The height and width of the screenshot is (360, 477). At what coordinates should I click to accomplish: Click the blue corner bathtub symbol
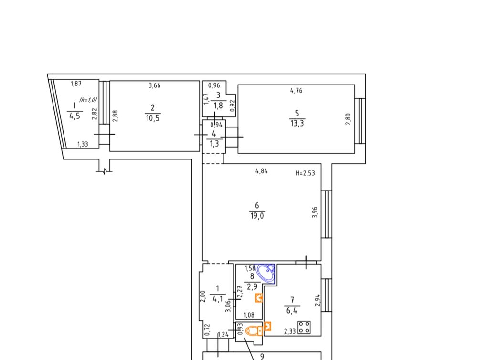click(x=266, y=274)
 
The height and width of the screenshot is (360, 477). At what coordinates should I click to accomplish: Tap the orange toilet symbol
click(x=254, y=330)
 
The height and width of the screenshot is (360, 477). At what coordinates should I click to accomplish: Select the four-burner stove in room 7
click(x=304, y=328)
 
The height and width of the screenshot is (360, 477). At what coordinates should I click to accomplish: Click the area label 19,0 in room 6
click(x=257, y=216)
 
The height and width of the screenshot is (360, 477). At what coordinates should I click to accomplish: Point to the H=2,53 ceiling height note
click(x=305, y=173)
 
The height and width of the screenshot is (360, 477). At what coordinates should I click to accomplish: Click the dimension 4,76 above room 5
click(x=296, y=90)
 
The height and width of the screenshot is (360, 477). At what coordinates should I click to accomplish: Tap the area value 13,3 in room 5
click(x=297, y=123)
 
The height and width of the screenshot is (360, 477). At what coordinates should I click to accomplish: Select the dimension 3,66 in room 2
click(x=155, y=85)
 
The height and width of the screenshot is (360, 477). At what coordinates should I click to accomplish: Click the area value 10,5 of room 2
click(x=152, y=118)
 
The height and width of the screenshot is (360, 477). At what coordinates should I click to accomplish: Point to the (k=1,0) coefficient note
click(x=88, y=99)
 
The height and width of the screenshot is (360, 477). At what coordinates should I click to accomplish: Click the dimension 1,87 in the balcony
click(x=76, y=84)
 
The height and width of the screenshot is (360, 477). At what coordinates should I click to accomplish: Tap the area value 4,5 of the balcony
click(x=74, y=116)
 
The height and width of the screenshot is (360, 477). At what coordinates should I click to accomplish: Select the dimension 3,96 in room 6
click(x=315, y=212)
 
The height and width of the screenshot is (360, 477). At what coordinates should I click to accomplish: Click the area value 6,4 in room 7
click(x=292, y=310)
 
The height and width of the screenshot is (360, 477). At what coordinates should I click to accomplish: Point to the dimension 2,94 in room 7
click(x=317, y=300)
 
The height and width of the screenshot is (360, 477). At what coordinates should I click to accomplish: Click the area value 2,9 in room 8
click(x=252, y=286)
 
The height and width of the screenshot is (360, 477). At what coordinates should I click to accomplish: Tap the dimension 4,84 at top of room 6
click(x=262, y=171)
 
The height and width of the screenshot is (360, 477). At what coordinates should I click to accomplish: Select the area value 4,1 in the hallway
click(x=218, y=299)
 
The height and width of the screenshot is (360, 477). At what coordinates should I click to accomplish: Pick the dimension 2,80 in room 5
click(x=348, y=119)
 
